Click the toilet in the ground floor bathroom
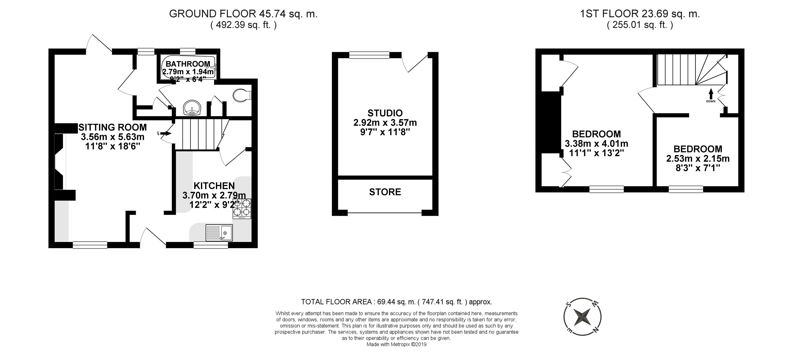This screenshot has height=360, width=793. tap(242, 95)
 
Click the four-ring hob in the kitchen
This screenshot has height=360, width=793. tap(242, 208)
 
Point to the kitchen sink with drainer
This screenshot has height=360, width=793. tap(219, 233)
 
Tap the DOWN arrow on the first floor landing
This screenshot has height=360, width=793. tap(711, 94)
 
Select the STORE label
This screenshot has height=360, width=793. tap(385, 192)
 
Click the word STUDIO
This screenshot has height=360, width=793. tap(385, 113)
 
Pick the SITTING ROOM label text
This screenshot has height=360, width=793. tap(112, 127)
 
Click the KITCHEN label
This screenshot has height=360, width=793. tap(214, 186)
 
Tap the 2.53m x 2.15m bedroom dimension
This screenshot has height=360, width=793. tap(698, 159)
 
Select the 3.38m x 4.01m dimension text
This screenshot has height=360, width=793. tap(596, 143)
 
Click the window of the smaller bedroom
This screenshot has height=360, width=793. tap(686, 189)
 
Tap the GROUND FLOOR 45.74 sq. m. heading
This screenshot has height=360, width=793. tap(243, 14)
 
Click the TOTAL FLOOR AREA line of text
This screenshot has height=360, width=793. tap(396, 302)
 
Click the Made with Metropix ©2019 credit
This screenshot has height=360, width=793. tap(396, 344)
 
